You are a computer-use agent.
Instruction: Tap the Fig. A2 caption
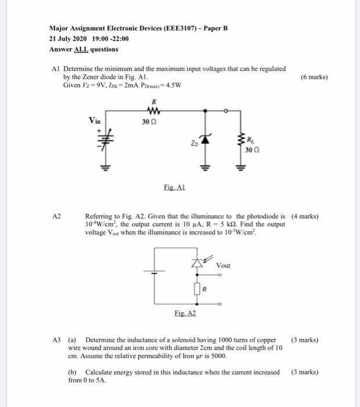click(186, 313)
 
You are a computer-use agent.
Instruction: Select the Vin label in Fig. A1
click(95, 121)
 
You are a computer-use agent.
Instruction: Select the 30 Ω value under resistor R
click(149, 122)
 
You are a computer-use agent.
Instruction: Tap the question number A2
click(56, 216)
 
